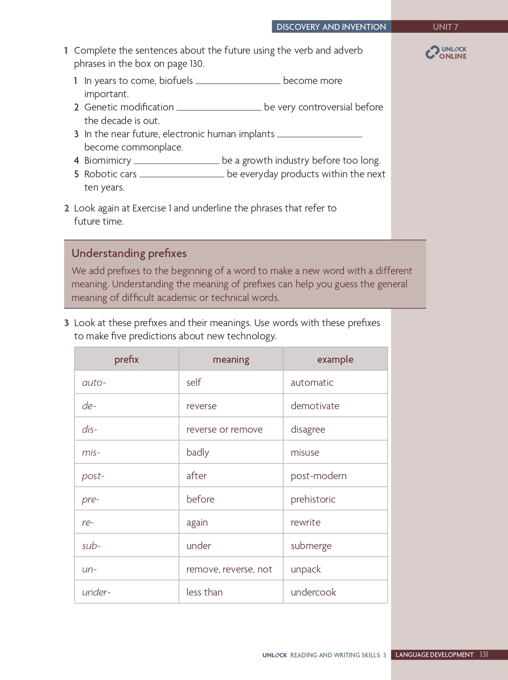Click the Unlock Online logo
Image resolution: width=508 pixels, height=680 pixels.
coord(446,52)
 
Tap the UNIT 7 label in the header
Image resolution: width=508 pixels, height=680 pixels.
coord(445,27)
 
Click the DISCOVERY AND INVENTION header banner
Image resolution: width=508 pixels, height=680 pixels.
coord(331,27)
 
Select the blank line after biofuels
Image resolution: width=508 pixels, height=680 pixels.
coord(238,82)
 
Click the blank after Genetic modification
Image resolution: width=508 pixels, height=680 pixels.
coord(219,108)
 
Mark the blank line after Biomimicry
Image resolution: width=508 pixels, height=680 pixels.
coord(176,162)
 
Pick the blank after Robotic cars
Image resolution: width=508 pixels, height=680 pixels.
coord(182,175)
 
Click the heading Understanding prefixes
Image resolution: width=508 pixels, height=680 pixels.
coord(129,253)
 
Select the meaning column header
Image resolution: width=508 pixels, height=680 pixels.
coord(231,359)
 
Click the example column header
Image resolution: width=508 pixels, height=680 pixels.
coord(335,359)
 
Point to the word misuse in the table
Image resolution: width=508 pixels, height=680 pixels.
coord(305,452)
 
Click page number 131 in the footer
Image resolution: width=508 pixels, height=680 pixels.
coord(484,654)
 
